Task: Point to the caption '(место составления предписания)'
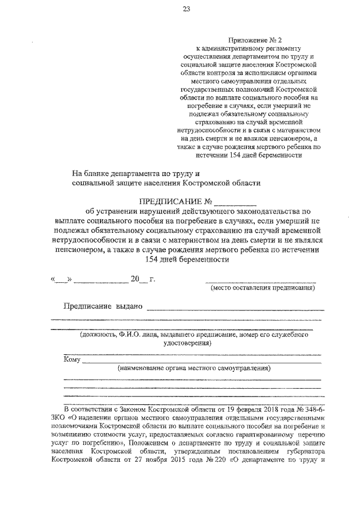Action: [x=262, y=289]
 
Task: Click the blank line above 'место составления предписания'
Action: [x=260, y=280]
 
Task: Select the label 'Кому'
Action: [x=73, y=360]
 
